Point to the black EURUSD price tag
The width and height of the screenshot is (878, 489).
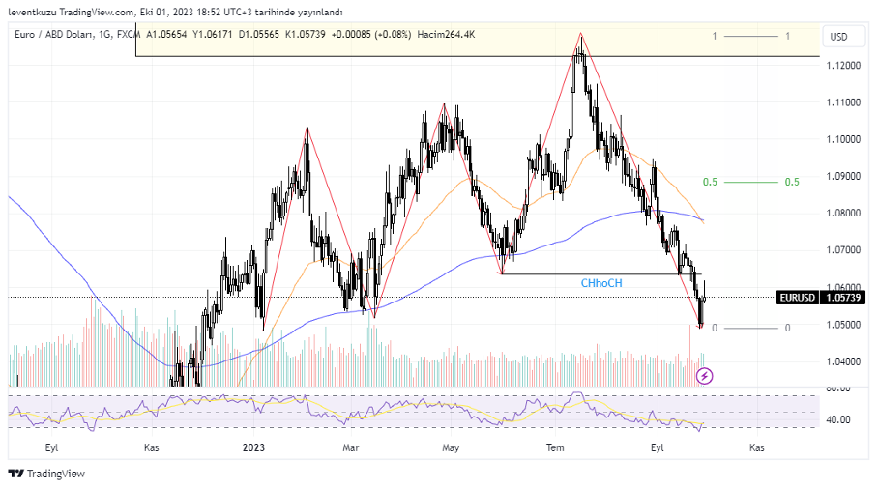click(800, 298)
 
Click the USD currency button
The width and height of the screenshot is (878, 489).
click(838, 37)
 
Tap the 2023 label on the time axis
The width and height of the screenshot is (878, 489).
click(253, 447)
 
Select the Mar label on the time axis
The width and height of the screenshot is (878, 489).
click(351, 447)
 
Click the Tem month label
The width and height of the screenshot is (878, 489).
click(555, 447)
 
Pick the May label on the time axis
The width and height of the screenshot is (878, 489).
click(451, 447)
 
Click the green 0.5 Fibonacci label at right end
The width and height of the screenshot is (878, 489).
click(792, 182)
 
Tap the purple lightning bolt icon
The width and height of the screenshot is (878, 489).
click(705, 375)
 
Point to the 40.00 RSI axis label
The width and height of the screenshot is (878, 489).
click(837, 420)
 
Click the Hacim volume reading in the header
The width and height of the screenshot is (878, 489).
click(446, 35)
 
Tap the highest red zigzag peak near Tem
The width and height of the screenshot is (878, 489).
click(580, 34)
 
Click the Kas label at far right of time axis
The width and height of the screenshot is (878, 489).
click(757, 447)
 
